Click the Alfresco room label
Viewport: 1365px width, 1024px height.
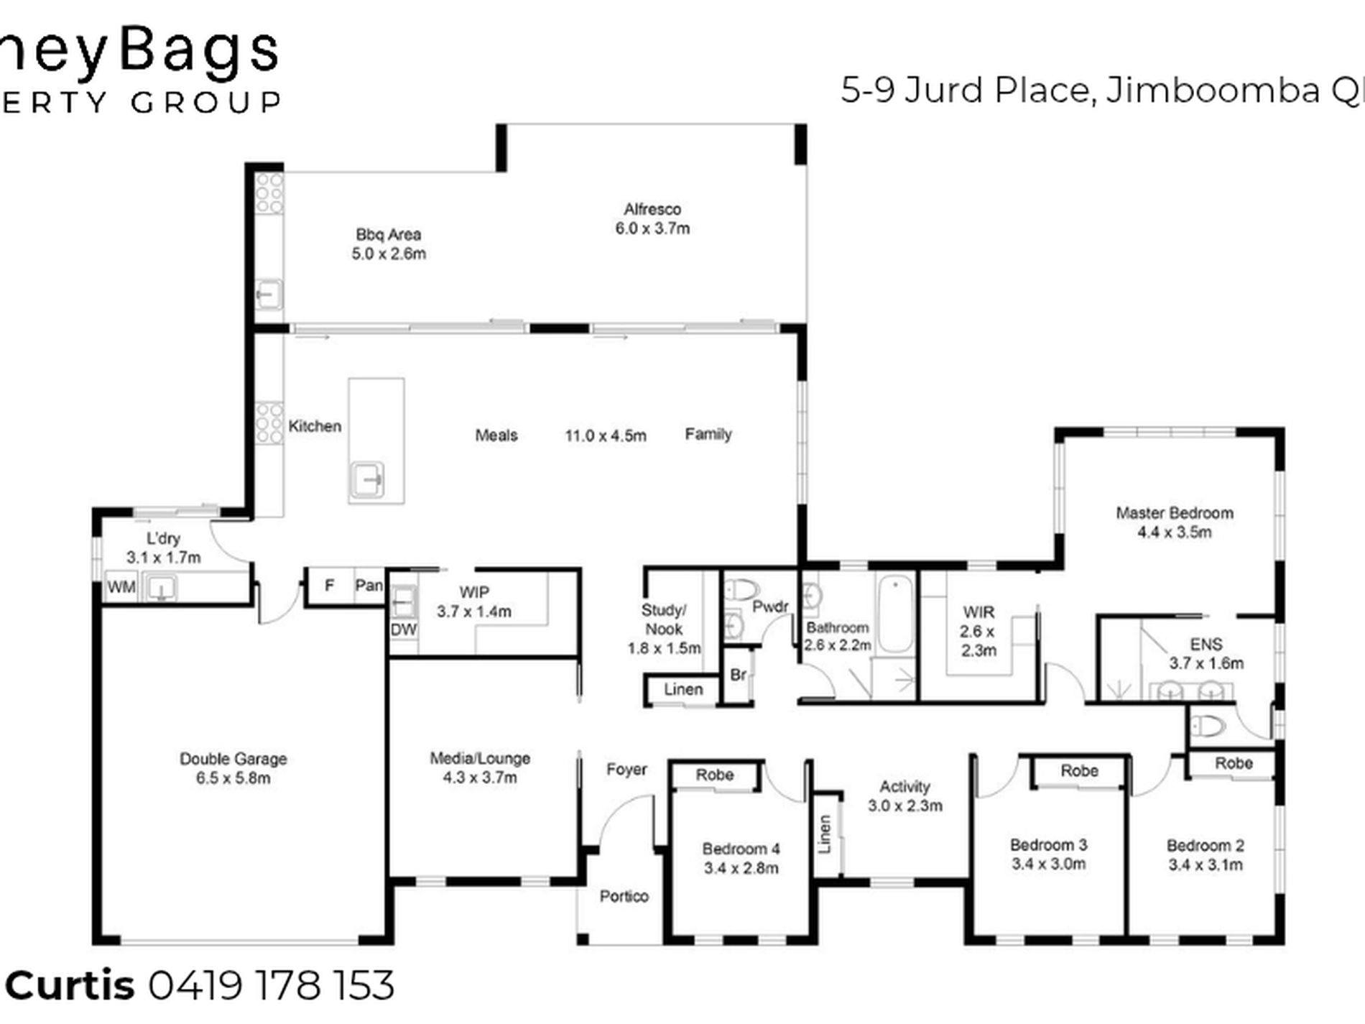pos(652,210)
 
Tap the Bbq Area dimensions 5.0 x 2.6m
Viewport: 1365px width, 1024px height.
pos(389,254)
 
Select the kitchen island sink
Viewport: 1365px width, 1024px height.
pos(367,479)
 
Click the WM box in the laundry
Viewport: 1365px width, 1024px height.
pos(121,588)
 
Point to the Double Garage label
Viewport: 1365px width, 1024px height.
pos(233,759)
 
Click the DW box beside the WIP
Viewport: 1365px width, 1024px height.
pos(403,630)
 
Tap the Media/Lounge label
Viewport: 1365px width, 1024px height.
pos(480,758)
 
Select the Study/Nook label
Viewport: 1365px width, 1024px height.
pos(663,619)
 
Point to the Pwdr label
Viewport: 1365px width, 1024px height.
pos(770,607)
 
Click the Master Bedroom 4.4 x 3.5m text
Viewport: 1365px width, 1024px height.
pos(1174,532)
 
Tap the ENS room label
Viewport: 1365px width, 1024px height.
pos(1206,645)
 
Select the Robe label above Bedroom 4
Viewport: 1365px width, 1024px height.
pos(714,775)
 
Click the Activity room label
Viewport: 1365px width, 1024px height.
pos(904,787)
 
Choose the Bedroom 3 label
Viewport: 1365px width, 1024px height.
pos(1048,845)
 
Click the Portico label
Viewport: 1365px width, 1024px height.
pos(624,896)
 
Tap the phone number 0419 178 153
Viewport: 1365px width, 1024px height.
pos(272,985)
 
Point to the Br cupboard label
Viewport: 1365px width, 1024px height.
pos(738,675)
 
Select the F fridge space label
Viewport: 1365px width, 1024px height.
pos(329,586)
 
